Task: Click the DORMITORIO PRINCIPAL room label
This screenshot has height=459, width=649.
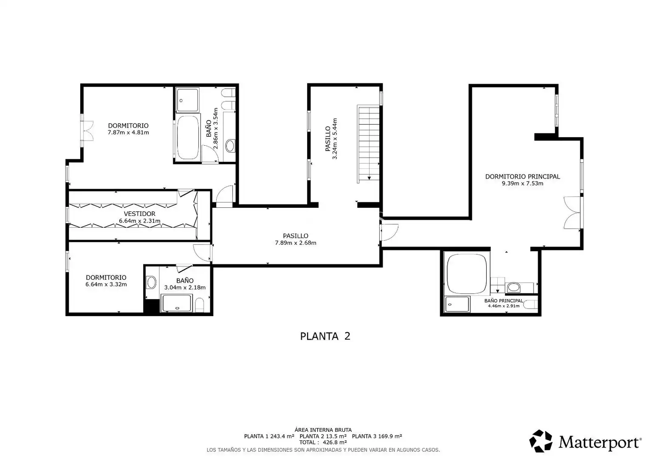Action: [x=522, y=176]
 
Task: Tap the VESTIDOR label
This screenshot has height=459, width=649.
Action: [x=140, y=214]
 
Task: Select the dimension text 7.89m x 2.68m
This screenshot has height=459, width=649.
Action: [x=296, y=243]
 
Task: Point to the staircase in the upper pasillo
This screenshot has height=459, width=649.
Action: [x=368, y=144]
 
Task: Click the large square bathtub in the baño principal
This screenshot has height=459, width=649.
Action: [x=466, y=274]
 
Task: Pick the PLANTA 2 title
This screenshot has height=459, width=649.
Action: [x=325, y=336]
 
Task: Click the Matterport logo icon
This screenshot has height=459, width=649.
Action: [x=541, y=441]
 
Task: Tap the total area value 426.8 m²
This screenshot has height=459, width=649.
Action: [x=335, y=442]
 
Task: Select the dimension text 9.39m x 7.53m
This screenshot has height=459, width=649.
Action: [x=522, y=184]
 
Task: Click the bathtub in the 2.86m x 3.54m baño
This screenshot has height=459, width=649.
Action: [x=188, y=137]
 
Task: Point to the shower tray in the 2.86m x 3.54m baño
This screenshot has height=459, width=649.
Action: [x=188, y=100]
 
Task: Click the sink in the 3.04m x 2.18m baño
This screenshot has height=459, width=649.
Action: [x=151, y=282]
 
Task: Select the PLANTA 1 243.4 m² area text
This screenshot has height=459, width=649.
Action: [x=269, y=436]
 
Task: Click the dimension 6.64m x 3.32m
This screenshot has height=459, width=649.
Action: [x=106, y=284]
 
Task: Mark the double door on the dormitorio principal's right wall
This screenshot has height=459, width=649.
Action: [x=573, y=212]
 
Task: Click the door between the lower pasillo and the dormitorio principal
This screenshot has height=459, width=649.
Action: [x=389, y=232]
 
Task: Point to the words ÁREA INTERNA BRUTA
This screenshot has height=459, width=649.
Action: [x=323, y=430]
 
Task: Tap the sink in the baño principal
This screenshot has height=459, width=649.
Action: [x=514, y=288]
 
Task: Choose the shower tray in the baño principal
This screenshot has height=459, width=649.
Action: [x=457, y=304]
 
